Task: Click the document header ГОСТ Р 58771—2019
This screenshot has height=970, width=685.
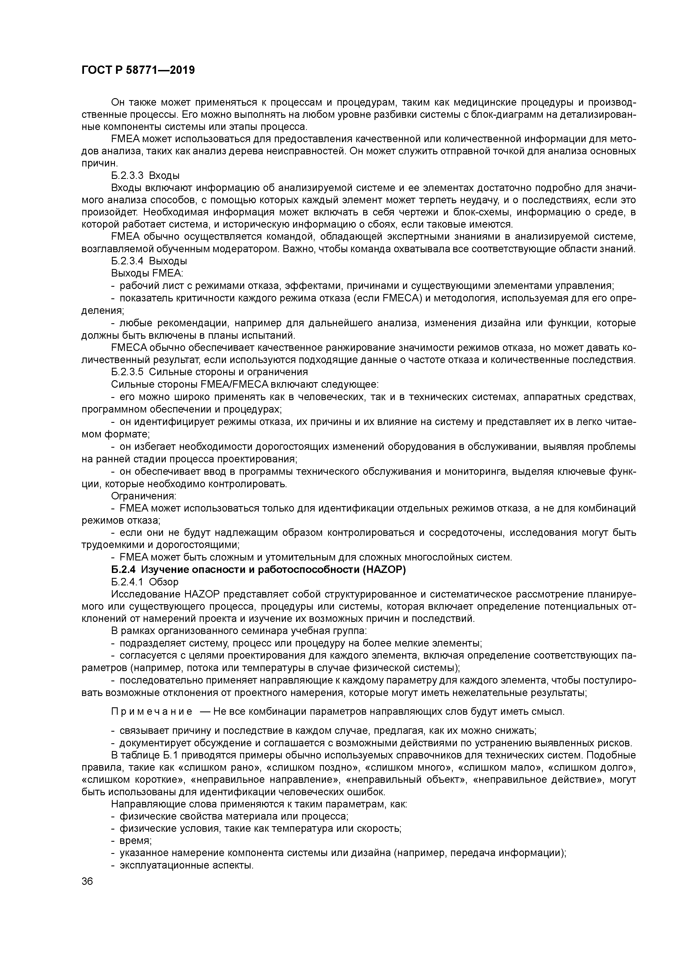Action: (x=138, y=70)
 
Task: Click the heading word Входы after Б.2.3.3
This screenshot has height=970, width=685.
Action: (x=164, y=175)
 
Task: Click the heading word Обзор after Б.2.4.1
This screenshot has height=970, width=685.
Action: (x=164, y=582)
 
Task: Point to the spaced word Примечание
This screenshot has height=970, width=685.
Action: (x=152, y=712)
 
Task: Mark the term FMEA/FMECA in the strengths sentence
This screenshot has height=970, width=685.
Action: (x=235, y=384)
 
